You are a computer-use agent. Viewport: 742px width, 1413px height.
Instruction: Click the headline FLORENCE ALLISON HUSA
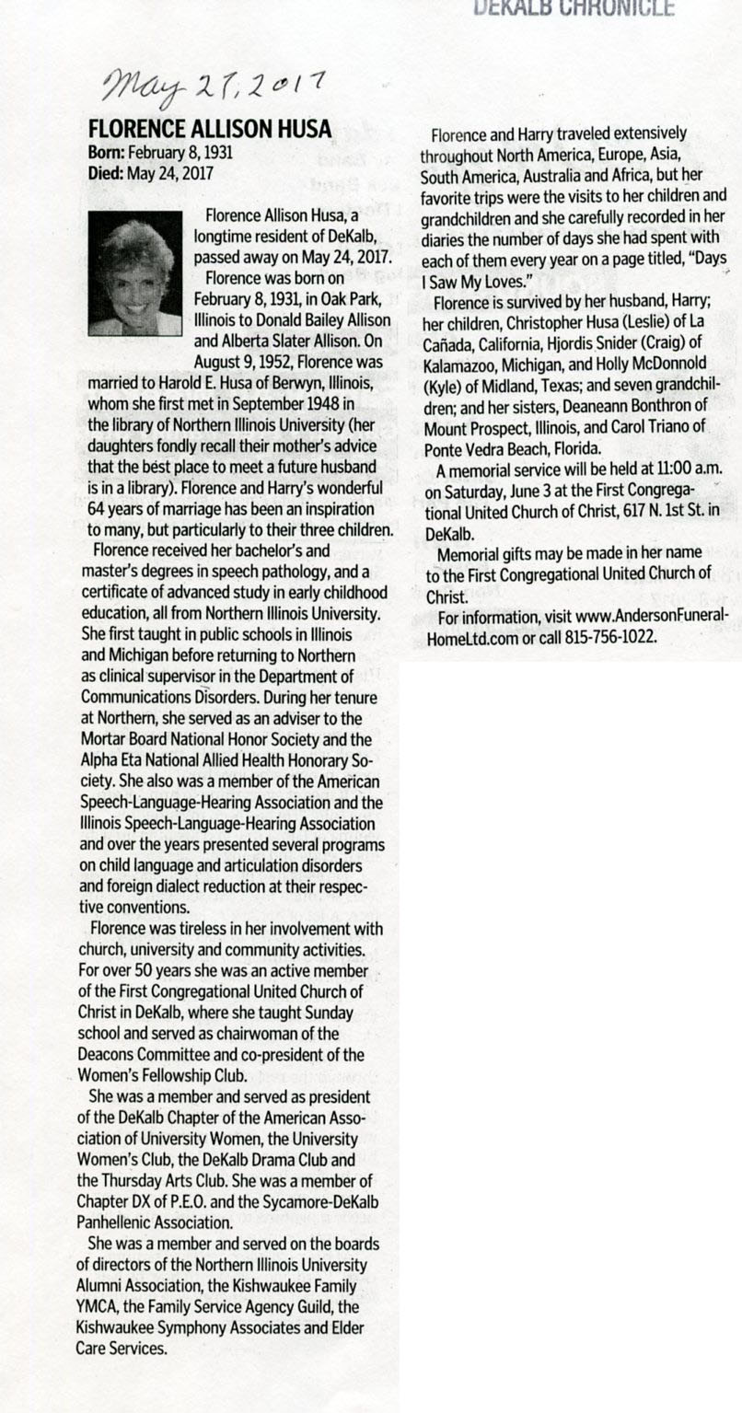[x=208, y=130]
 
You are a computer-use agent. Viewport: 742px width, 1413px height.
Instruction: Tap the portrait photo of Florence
[x=134, y=273]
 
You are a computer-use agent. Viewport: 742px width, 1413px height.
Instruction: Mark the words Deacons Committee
[x=143, y=1054]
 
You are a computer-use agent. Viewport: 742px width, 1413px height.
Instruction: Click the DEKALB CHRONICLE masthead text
[x=573, y=8]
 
